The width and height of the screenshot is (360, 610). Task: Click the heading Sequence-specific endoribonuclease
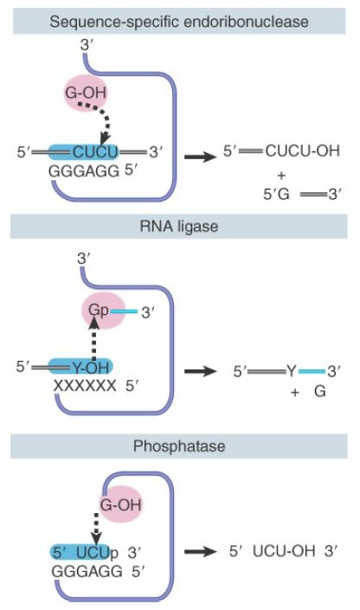179,22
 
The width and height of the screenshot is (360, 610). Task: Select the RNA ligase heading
179,227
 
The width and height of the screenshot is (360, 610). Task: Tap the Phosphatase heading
179,446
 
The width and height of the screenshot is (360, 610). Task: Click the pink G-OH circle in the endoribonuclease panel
85,93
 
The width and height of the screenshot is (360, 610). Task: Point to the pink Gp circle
104,311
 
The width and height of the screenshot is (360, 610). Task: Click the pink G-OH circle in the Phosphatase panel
120,504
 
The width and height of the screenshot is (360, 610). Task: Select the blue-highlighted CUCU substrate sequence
95,151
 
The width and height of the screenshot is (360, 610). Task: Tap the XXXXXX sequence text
85,386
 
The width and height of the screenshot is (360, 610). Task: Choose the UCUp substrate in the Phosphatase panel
97,553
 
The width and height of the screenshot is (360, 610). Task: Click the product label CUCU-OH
302,151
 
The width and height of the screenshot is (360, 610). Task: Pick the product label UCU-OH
284,551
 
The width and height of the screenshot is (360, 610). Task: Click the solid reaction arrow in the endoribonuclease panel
200,157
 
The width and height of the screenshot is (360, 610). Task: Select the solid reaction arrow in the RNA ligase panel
200,371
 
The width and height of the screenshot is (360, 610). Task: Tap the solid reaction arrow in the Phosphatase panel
200,551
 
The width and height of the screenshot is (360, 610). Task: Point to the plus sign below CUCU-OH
281,176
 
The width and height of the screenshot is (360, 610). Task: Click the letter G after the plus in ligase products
320,391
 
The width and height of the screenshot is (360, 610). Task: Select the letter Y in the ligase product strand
292,371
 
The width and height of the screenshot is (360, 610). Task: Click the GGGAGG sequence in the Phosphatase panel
87,571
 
